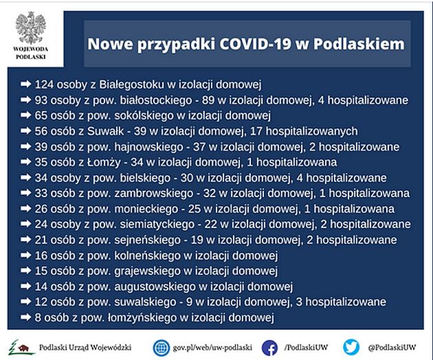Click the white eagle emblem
coord(31,27)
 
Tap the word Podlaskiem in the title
coord(359,43)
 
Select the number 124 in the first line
coord(44,85)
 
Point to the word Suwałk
coord(105,131)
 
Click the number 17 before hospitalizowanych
coord(256,131)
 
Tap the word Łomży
coord(104,162)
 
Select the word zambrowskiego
coord(154,193)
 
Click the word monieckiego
coord(146,209)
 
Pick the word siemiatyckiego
coord(157,225)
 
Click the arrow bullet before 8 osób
coord(25,317)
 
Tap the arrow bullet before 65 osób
coord(25,115)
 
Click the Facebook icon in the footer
coord(270,348)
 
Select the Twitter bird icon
coord(351,348)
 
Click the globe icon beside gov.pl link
coord(162,348)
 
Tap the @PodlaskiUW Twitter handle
coord(392,348)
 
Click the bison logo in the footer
coord(21,348)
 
